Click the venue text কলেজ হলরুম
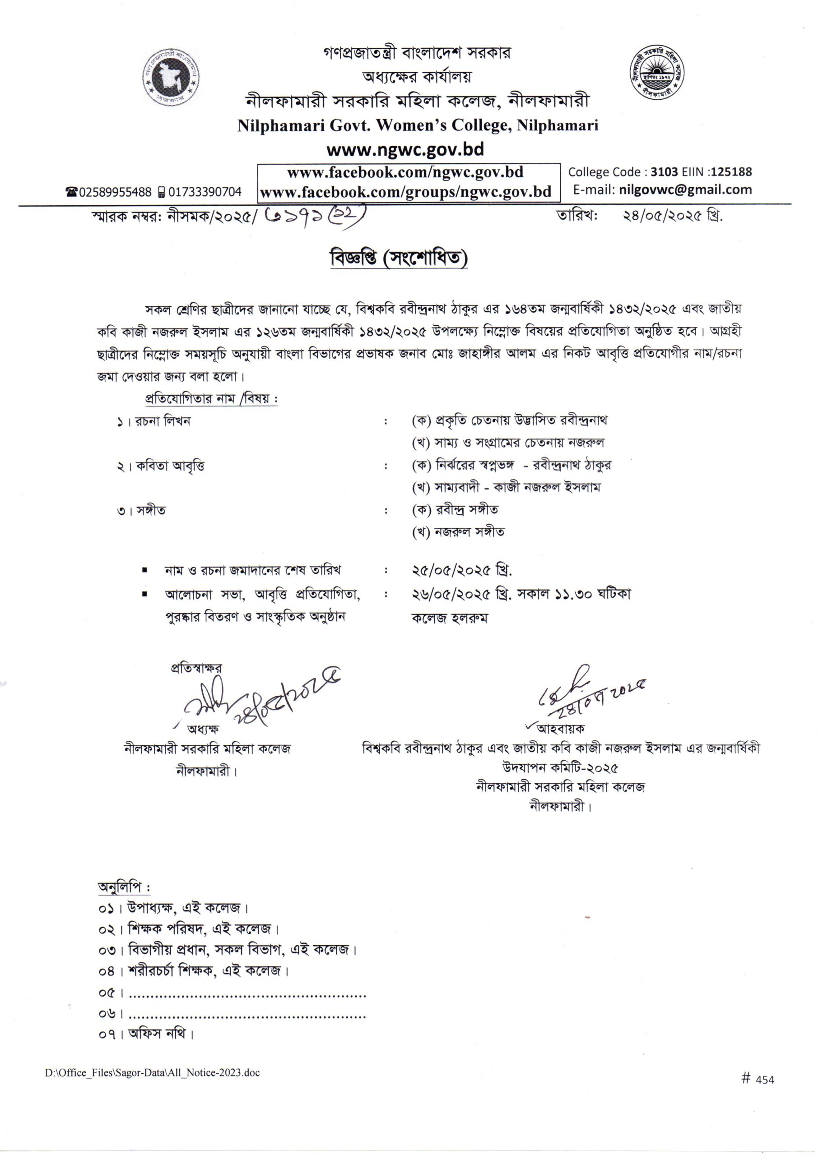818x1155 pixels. [x=450, y=618]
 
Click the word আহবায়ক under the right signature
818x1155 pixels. [x=560, y=728]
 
